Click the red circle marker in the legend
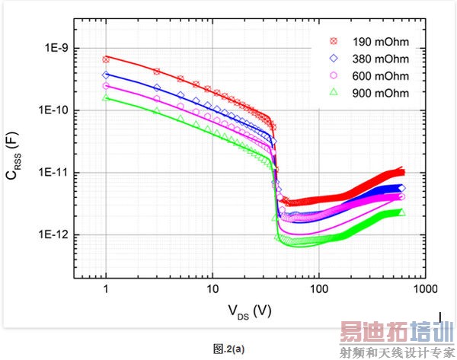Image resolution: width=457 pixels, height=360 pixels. point(333,40)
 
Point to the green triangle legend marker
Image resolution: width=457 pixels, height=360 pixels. point(333,92)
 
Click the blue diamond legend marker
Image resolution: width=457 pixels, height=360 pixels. point(333,58)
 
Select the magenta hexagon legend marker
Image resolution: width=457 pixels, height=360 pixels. point(333,75)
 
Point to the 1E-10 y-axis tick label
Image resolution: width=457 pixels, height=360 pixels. point(55,110)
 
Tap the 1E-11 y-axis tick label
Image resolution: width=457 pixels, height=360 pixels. point(55,173)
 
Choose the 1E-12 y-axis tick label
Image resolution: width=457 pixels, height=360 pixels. point(55,235)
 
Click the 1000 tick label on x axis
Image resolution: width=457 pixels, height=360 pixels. point(425,289)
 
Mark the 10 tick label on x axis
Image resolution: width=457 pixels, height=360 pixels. point(213,289)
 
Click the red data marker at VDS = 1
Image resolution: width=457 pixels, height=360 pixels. point(106,59)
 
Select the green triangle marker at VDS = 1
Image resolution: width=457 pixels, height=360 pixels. point(106,97)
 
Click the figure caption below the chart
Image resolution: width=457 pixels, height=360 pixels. point(228,348)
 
